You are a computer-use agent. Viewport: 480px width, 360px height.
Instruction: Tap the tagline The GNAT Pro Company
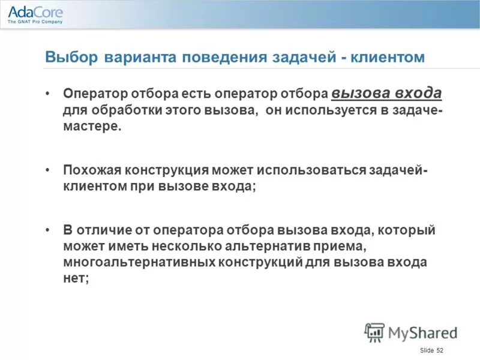35,22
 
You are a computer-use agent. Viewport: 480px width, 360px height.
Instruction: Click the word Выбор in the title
64,58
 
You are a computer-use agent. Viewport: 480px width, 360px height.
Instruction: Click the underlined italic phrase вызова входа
386,94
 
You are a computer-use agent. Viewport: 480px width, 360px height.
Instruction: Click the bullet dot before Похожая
48,170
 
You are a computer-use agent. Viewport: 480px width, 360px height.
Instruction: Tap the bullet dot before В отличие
48,230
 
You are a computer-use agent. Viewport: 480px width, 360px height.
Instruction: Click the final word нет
76,279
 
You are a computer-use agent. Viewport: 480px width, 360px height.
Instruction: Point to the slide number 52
439,350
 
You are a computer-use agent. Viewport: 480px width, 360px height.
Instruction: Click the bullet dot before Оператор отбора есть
48,95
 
